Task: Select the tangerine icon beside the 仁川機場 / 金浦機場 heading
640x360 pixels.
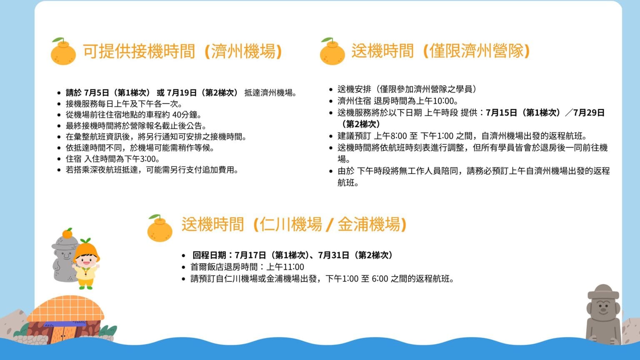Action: coord(160,228)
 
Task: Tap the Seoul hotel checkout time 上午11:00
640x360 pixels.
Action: coord(285,267)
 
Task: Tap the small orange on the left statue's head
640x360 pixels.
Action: coord(67,233)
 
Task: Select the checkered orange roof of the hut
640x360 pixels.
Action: coord(66,309)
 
